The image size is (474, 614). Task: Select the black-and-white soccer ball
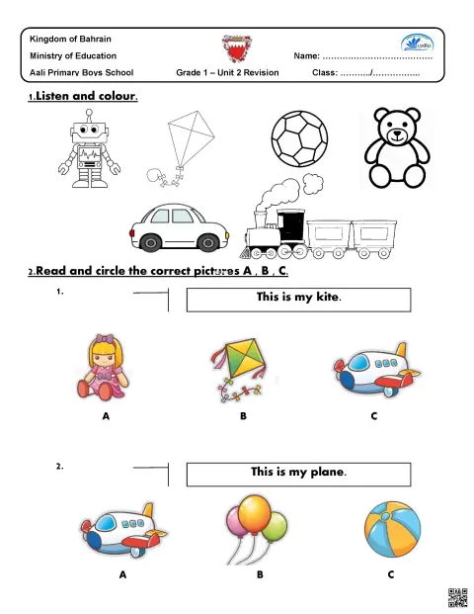click(299, 138)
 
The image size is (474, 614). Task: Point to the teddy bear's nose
click(397, 132)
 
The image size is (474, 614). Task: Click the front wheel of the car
click(208, 243)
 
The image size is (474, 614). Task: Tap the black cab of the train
click(290, 227)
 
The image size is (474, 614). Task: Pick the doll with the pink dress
click(104, 367)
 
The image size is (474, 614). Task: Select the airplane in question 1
click(376, 370)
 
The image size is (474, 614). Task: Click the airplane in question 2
click(123, 530)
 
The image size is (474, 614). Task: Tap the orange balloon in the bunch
click(255, 514)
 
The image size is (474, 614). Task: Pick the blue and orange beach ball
click(392, 529)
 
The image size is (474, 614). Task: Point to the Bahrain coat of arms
click(237, 48)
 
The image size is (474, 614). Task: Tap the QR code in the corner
click(457, 598)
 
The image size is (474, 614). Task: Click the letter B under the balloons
click(260, 574)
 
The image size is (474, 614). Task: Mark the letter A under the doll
click(106, 416)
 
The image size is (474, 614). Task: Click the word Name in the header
click(306, 56)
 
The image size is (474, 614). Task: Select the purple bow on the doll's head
click(105, 338)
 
